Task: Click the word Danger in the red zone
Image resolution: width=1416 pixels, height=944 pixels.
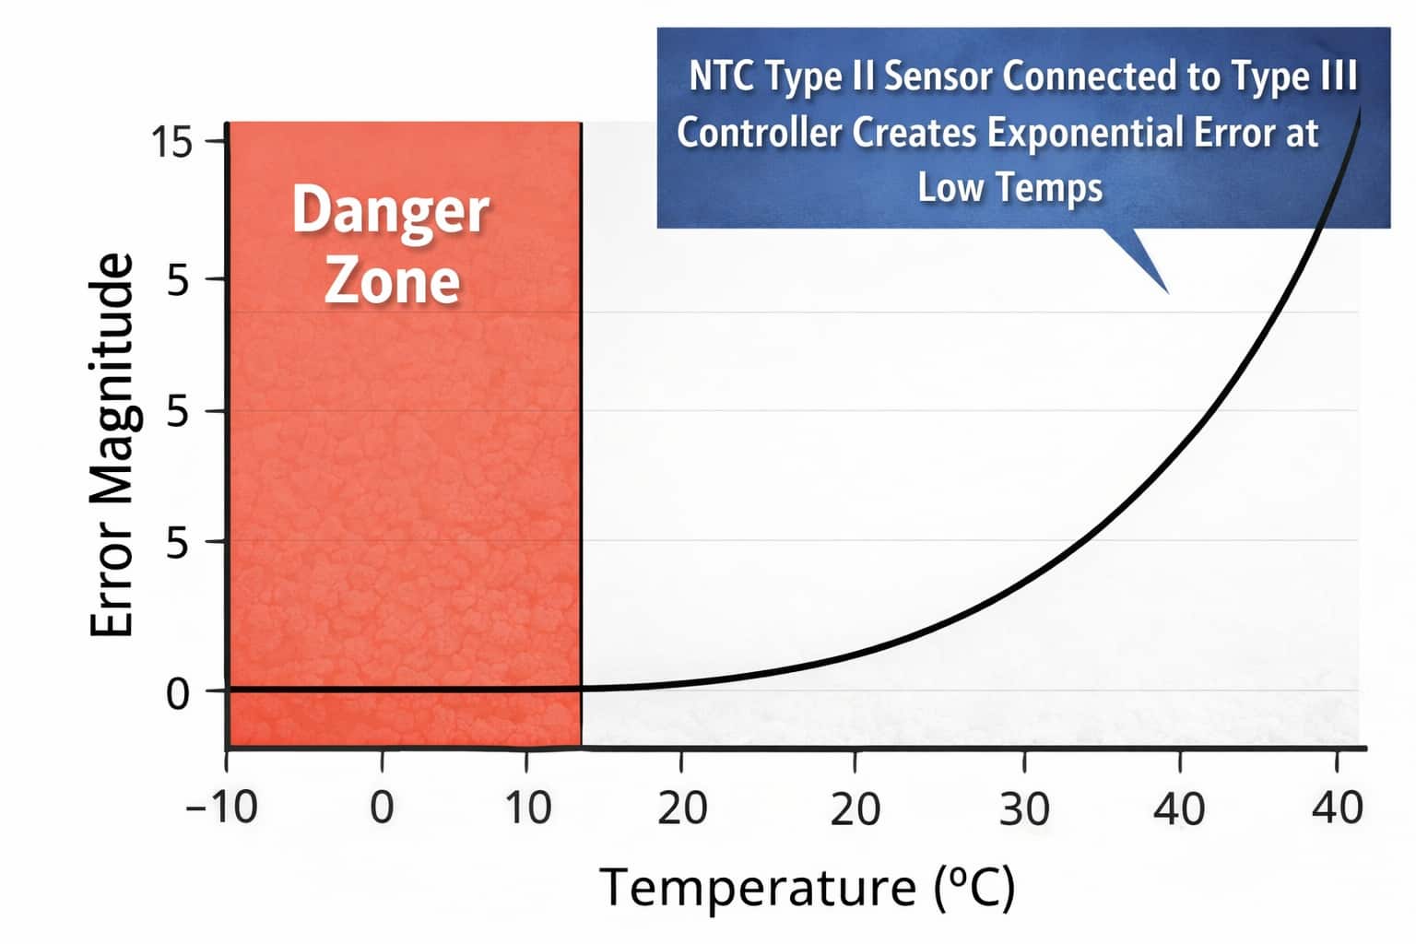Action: (390, 212)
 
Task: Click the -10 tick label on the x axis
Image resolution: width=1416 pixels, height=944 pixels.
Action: (222, 808)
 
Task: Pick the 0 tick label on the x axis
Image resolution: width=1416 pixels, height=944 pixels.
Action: (382, 808)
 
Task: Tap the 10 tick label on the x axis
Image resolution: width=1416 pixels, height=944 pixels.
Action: (528, 808)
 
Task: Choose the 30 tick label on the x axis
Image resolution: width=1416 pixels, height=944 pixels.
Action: (1024, 808)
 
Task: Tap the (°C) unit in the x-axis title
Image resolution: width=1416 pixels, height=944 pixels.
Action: (974, 889)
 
